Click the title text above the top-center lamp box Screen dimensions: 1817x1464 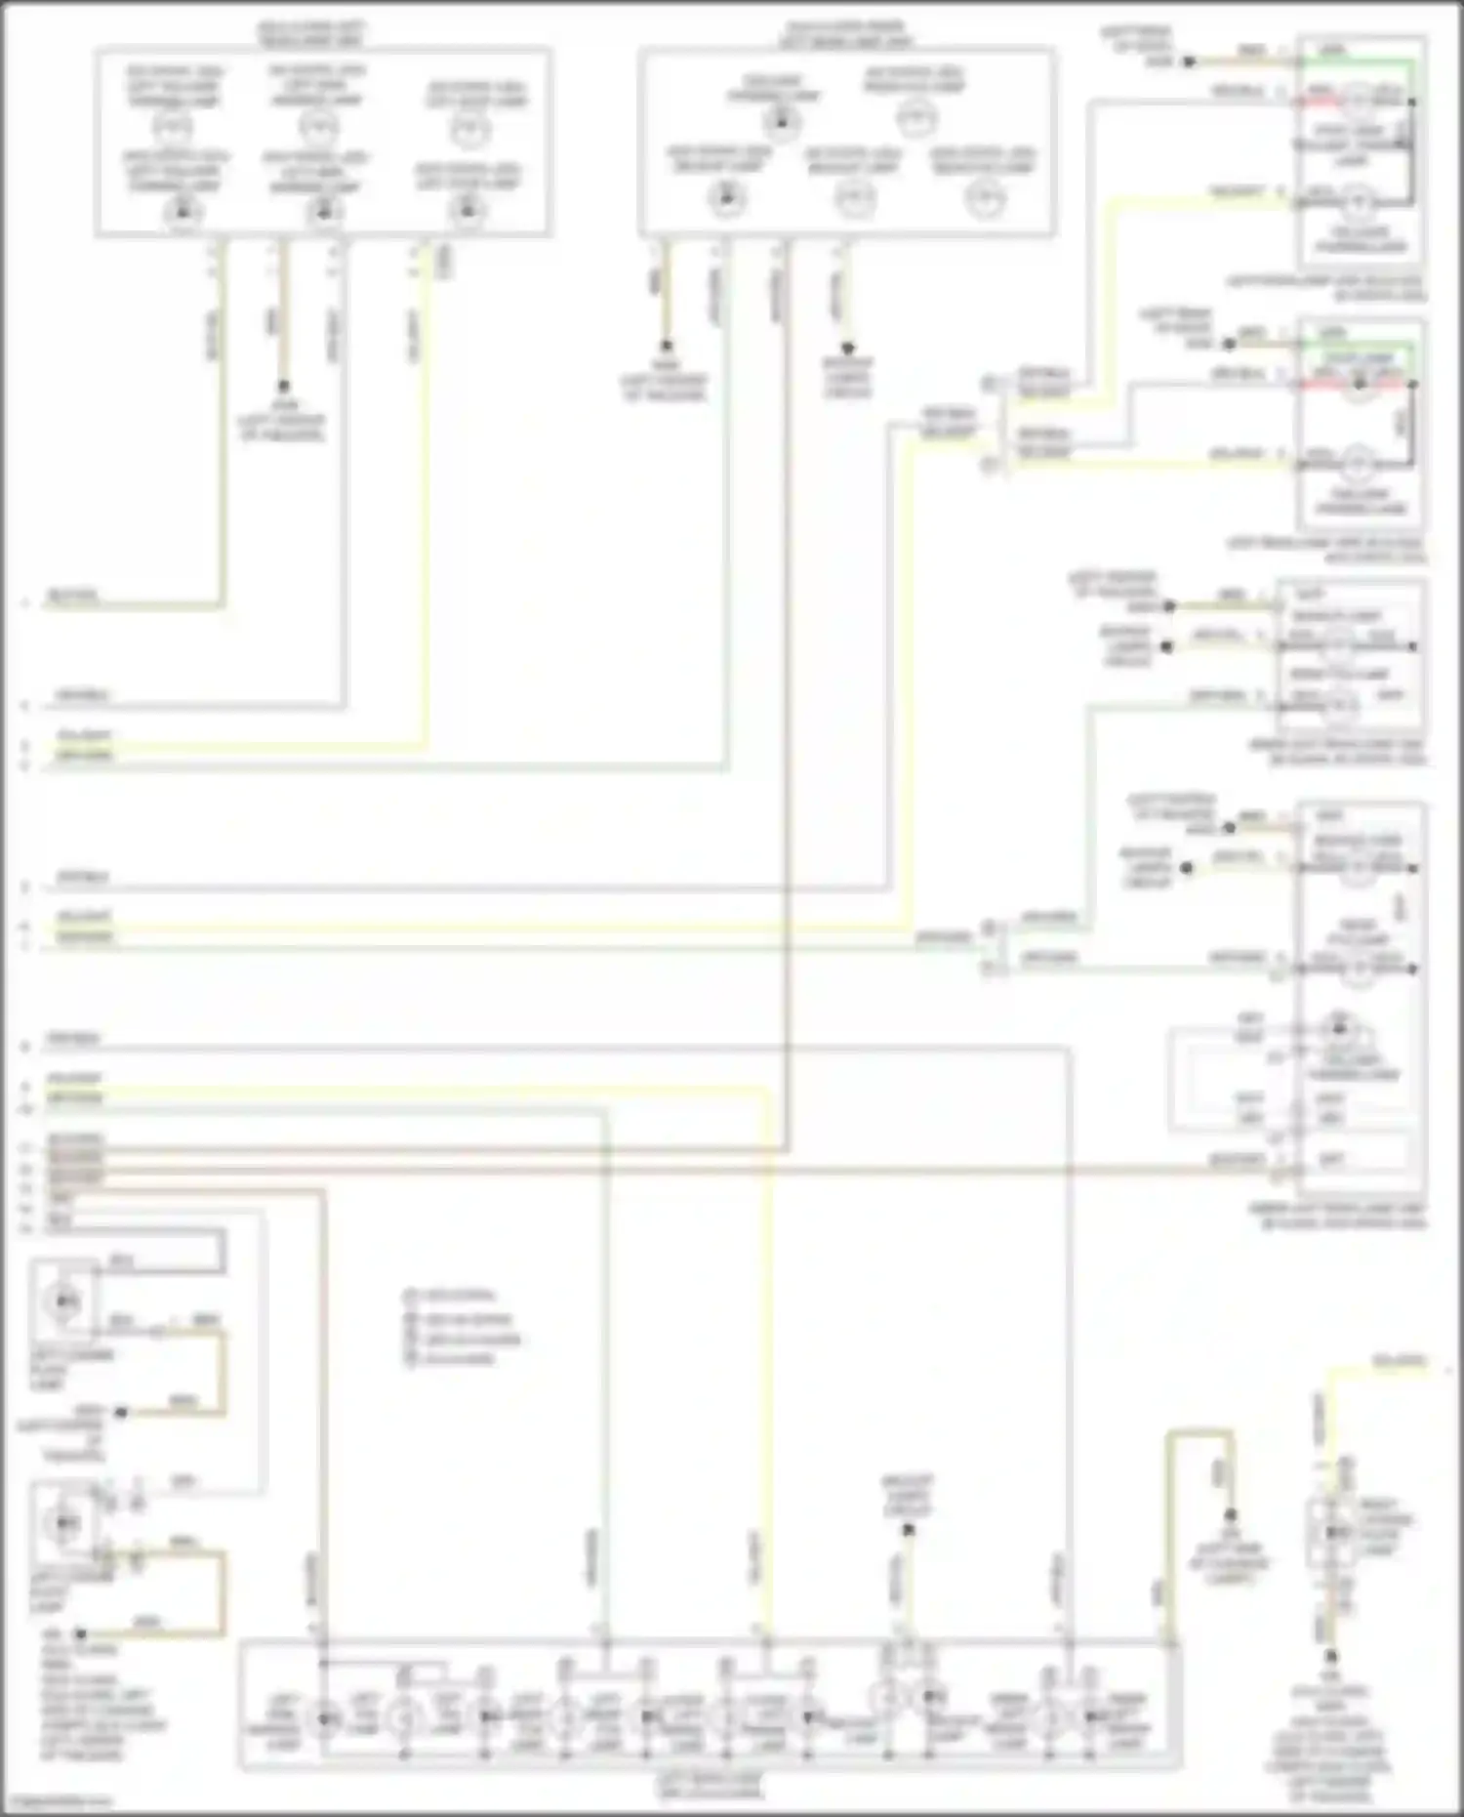[845, 33]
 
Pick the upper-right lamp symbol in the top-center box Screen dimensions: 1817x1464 [915, 119]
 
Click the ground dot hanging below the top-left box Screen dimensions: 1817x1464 [283, 387]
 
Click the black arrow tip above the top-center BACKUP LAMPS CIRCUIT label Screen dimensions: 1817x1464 [847, 349]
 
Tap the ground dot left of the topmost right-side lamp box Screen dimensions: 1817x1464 [1189, 62]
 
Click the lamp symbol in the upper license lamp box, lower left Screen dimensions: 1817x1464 [64, 1301]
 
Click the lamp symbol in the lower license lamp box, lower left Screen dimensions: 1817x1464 [64, 1521]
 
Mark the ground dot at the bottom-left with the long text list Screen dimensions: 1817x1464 [81, 1633]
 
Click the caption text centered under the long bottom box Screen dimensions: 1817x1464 [709, 1786]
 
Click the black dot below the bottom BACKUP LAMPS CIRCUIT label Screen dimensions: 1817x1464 [908, 1530]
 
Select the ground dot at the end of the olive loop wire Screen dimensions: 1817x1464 [1231, 1515]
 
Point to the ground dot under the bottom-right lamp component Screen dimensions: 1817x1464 [1330, 1656]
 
